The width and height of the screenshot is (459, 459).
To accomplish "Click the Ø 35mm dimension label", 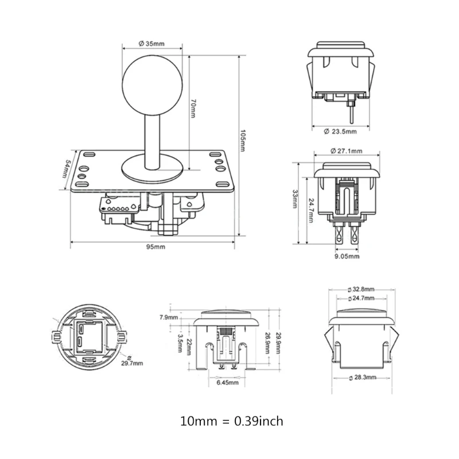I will click(152, 43).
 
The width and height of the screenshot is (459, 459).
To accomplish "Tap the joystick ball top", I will click(152, 81).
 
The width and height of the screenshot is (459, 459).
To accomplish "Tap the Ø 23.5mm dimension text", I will click(340, 131).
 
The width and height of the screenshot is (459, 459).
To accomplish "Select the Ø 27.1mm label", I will click(347, 151).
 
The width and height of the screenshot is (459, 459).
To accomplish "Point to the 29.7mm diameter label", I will click(132, 363).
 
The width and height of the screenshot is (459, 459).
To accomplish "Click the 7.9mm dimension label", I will click(169, 316).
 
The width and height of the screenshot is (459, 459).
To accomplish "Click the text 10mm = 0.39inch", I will click(231, 421).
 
